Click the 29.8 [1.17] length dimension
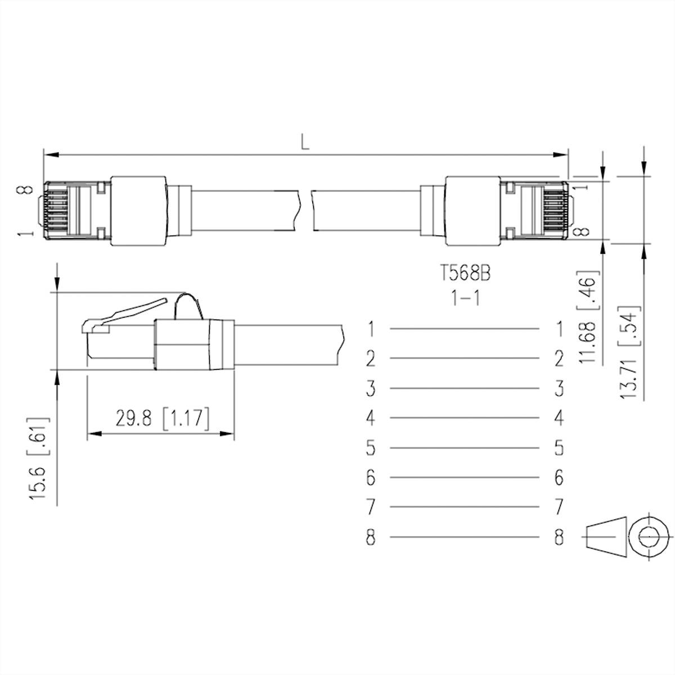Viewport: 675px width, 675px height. [x=163, y=419]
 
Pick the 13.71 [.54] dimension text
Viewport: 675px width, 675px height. [x=628, y=353]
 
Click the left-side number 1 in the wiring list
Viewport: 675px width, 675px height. [x=370, y=328]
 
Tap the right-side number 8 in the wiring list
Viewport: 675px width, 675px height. [x=559, y=538]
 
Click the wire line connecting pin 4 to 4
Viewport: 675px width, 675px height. [x=464, y=418]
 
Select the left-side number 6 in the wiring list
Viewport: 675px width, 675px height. [x=370, y=478]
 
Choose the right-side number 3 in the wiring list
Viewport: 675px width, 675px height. [x=559, y=388]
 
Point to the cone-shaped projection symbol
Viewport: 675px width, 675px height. [x=606, y=538]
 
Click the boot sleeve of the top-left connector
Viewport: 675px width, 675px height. [x=138, y=210]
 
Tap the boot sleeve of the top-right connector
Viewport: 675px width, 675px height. [x=472, y=210]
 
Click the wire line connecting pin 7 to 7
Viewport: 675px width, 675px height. [x=464, y=507]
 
